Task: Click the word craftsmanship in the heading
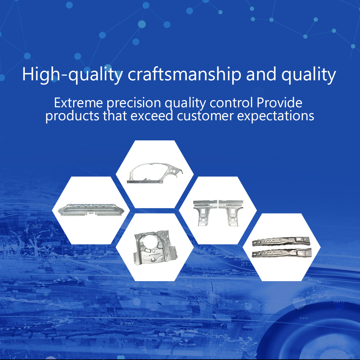[x=184, y=75]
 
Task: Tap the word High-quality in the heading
[x=72, y=75]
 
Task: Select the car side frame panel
[x=155, y=171]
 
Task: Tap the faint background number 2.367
[x=34, y=226]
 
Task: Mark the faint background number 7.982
[x=199, y=304]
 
